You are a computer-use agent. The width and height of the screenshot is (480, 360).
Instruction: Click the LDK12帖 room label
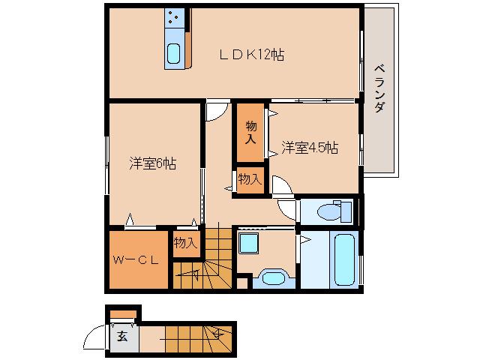pyautogui.click(x=251, y=55)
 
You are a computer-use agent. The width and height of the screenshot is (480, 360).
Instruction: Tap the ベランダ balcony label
pyautogui.click(x=379, y=88)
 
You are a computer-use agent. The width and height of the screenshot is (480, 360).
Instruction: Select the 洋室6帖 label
pyautogui.click(x=152, y=163)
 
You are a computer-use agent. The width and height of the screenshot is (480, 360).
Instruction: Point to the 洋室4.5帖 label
pyautogui.click(x=310, y=148)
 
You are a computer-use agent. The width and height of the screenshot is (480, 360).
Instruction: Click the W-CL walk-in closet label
pyautogui.click(x=135, y=261)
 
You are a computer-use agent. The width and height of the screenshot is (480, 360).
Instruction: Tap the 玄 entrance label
pyautogui.click(x=122, y=337)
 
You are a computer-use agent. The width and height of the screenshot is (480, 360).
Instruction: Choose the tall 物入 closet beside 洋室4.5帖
pyautogui.click(x=251, y=133)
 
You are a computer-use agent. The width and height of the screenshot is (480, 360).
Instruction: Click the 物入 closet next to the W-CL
pyautogui.click(x=185, y=242)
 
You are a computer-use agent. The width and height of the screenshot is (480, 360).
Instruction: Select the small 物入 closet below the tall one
pyautogui.click(x=250, y=179)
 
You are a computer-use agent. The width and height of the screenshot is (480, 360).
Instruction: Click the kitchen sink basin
pyautogui.click(x=174, y=54)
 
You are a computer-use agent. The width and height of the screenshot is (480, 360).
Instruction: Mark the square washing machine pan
pyautogui.click(x=247, y=244)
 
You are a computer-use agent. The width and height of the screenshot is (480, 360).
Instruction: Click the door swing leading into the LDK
pyautogui.click(x=215, y=110)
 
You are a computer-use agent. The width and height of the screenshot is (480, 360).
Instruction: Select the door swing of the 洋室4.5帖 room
pyautogui.click(x=284, y=187)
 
